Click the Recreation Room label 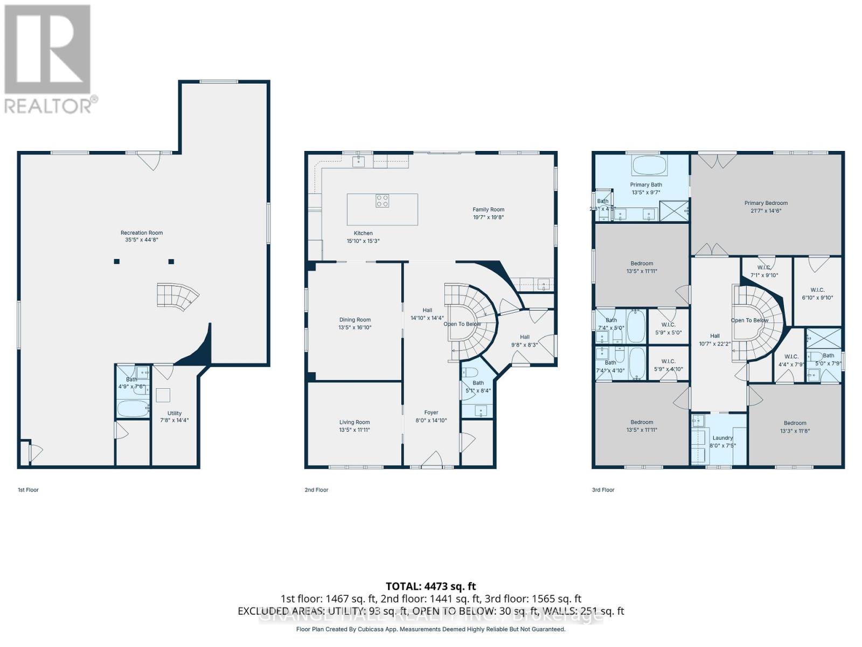(x=142, y=233)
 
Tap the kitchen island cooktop (x=383, y=201)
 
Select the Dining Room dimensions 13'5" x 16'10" (x=355, y=327)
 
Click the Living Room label (x=354, y=422)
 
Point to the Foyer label (x=431, y=412)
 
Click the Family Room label (x=488, y=210)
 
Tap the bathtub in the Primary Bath (x=649, y=165)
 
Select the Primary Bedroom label (x=766, y=203)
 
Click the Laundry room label (x=722, y=438)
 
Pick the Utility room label (x=174, y=414)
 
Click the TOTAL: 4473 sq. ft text (x=430, y=586)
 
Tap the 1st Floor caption (x=28, y=490)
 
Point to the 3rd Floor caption (x=603, y=490)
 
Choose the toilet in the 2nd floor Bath (x=470, y=373)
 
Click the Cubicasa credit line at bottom (x=430, y=629)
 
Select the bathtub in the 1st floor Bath (x=133, y=409)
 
